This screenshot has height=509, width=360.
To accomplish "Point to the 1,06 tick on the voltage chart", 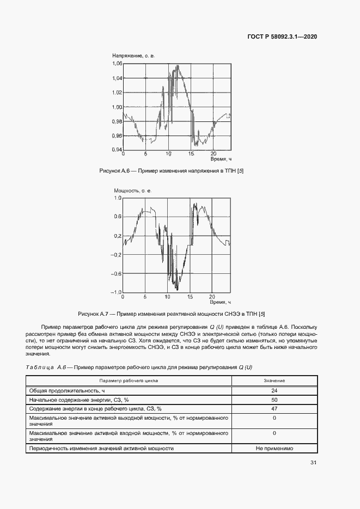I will click(118, 64).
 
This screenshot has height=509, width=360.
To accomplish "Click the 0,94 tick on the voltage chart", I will click(118, 149).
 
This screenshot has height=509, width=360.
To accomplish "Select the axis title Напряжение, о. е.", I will click(134, 56).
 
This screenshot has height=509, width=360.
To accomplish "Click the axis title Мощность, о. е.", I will click(132, 191).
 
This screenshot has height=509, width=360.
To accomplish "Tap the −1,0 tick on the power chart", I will click(115, 292).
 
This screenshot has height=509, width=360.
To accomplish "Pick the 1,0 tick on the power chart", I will click(118, 198).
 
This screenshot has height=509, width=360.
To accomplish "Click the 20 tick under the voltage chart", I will click(213, 154).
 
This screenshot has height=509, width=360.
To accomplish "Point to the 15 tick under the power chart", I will click(191, 297).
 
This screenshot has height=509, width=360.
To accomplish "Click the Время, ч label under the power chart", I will click(221, 302).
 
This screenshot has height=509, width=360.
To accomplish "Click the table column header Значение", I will click(274, 381).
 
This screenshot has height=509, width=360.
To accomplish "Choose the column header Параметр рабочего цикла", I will click(129, 381).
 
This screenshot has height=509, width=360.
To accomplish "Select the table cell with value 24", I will click(274, 390).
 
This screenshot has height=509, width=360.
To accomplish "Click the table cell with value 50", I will click(274, 399).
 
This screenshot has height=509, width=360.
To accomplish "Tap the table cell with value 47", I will click(274, 408).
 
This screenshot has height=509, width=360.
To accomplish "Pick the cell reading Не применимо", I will click(274, 449).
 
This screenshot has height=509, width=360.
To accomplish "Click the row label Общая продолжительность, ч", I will click(64, 390).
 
